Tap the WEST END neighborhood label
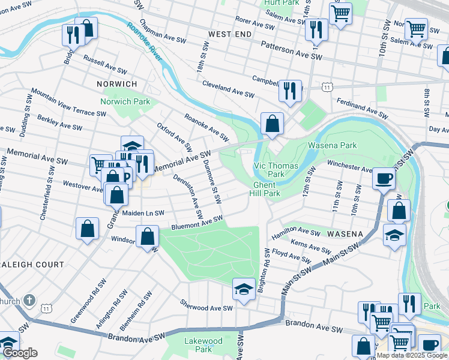(230, 35)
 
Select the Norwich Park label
(125, 101)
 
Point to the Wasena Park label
(332, 145)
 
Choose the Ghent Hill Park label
(267, 189)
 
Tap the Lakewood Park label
(203, 345)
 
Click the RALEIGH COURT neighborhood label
(32, 264)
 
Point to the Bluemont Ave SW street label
(197, 223)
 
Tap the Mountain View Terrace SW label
(68, 103)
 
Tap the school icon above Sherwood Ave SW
(243, 289)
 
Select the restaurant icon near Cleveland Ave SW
(290, 91)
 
